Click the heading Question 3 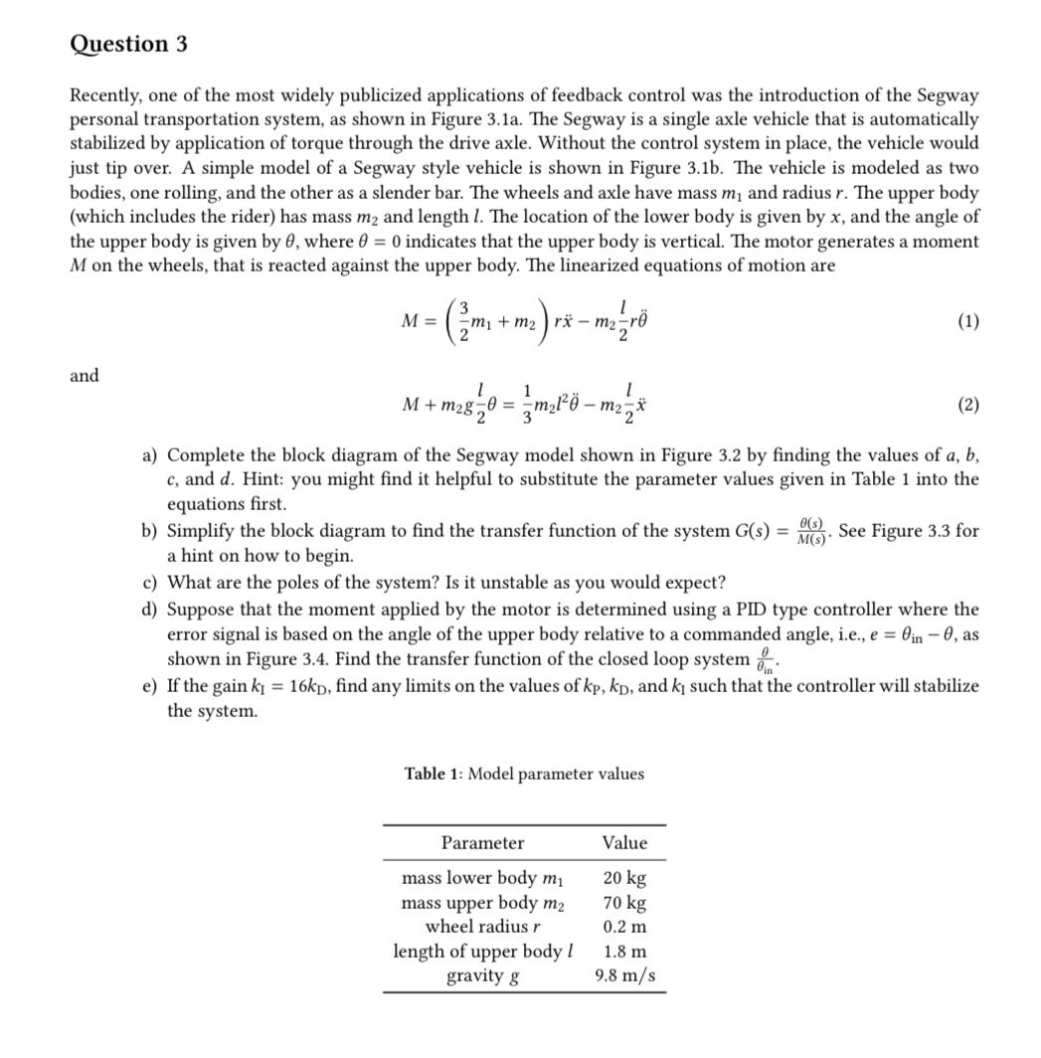[128, 45]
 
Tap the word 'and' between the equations [85, 375]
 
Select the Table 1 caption [524, 774]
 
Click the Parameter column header [482, 842]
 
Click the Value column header [624, 842]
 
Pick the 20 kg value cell [624, 878]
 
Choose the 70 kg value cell [624, 903]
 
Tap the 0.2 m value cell [624, 927]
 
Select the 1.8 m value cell [624, 952]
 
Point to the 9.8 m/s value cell [624, 975]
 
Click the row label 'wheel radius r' [482, 927]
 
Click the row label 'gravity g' [482, 975]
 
